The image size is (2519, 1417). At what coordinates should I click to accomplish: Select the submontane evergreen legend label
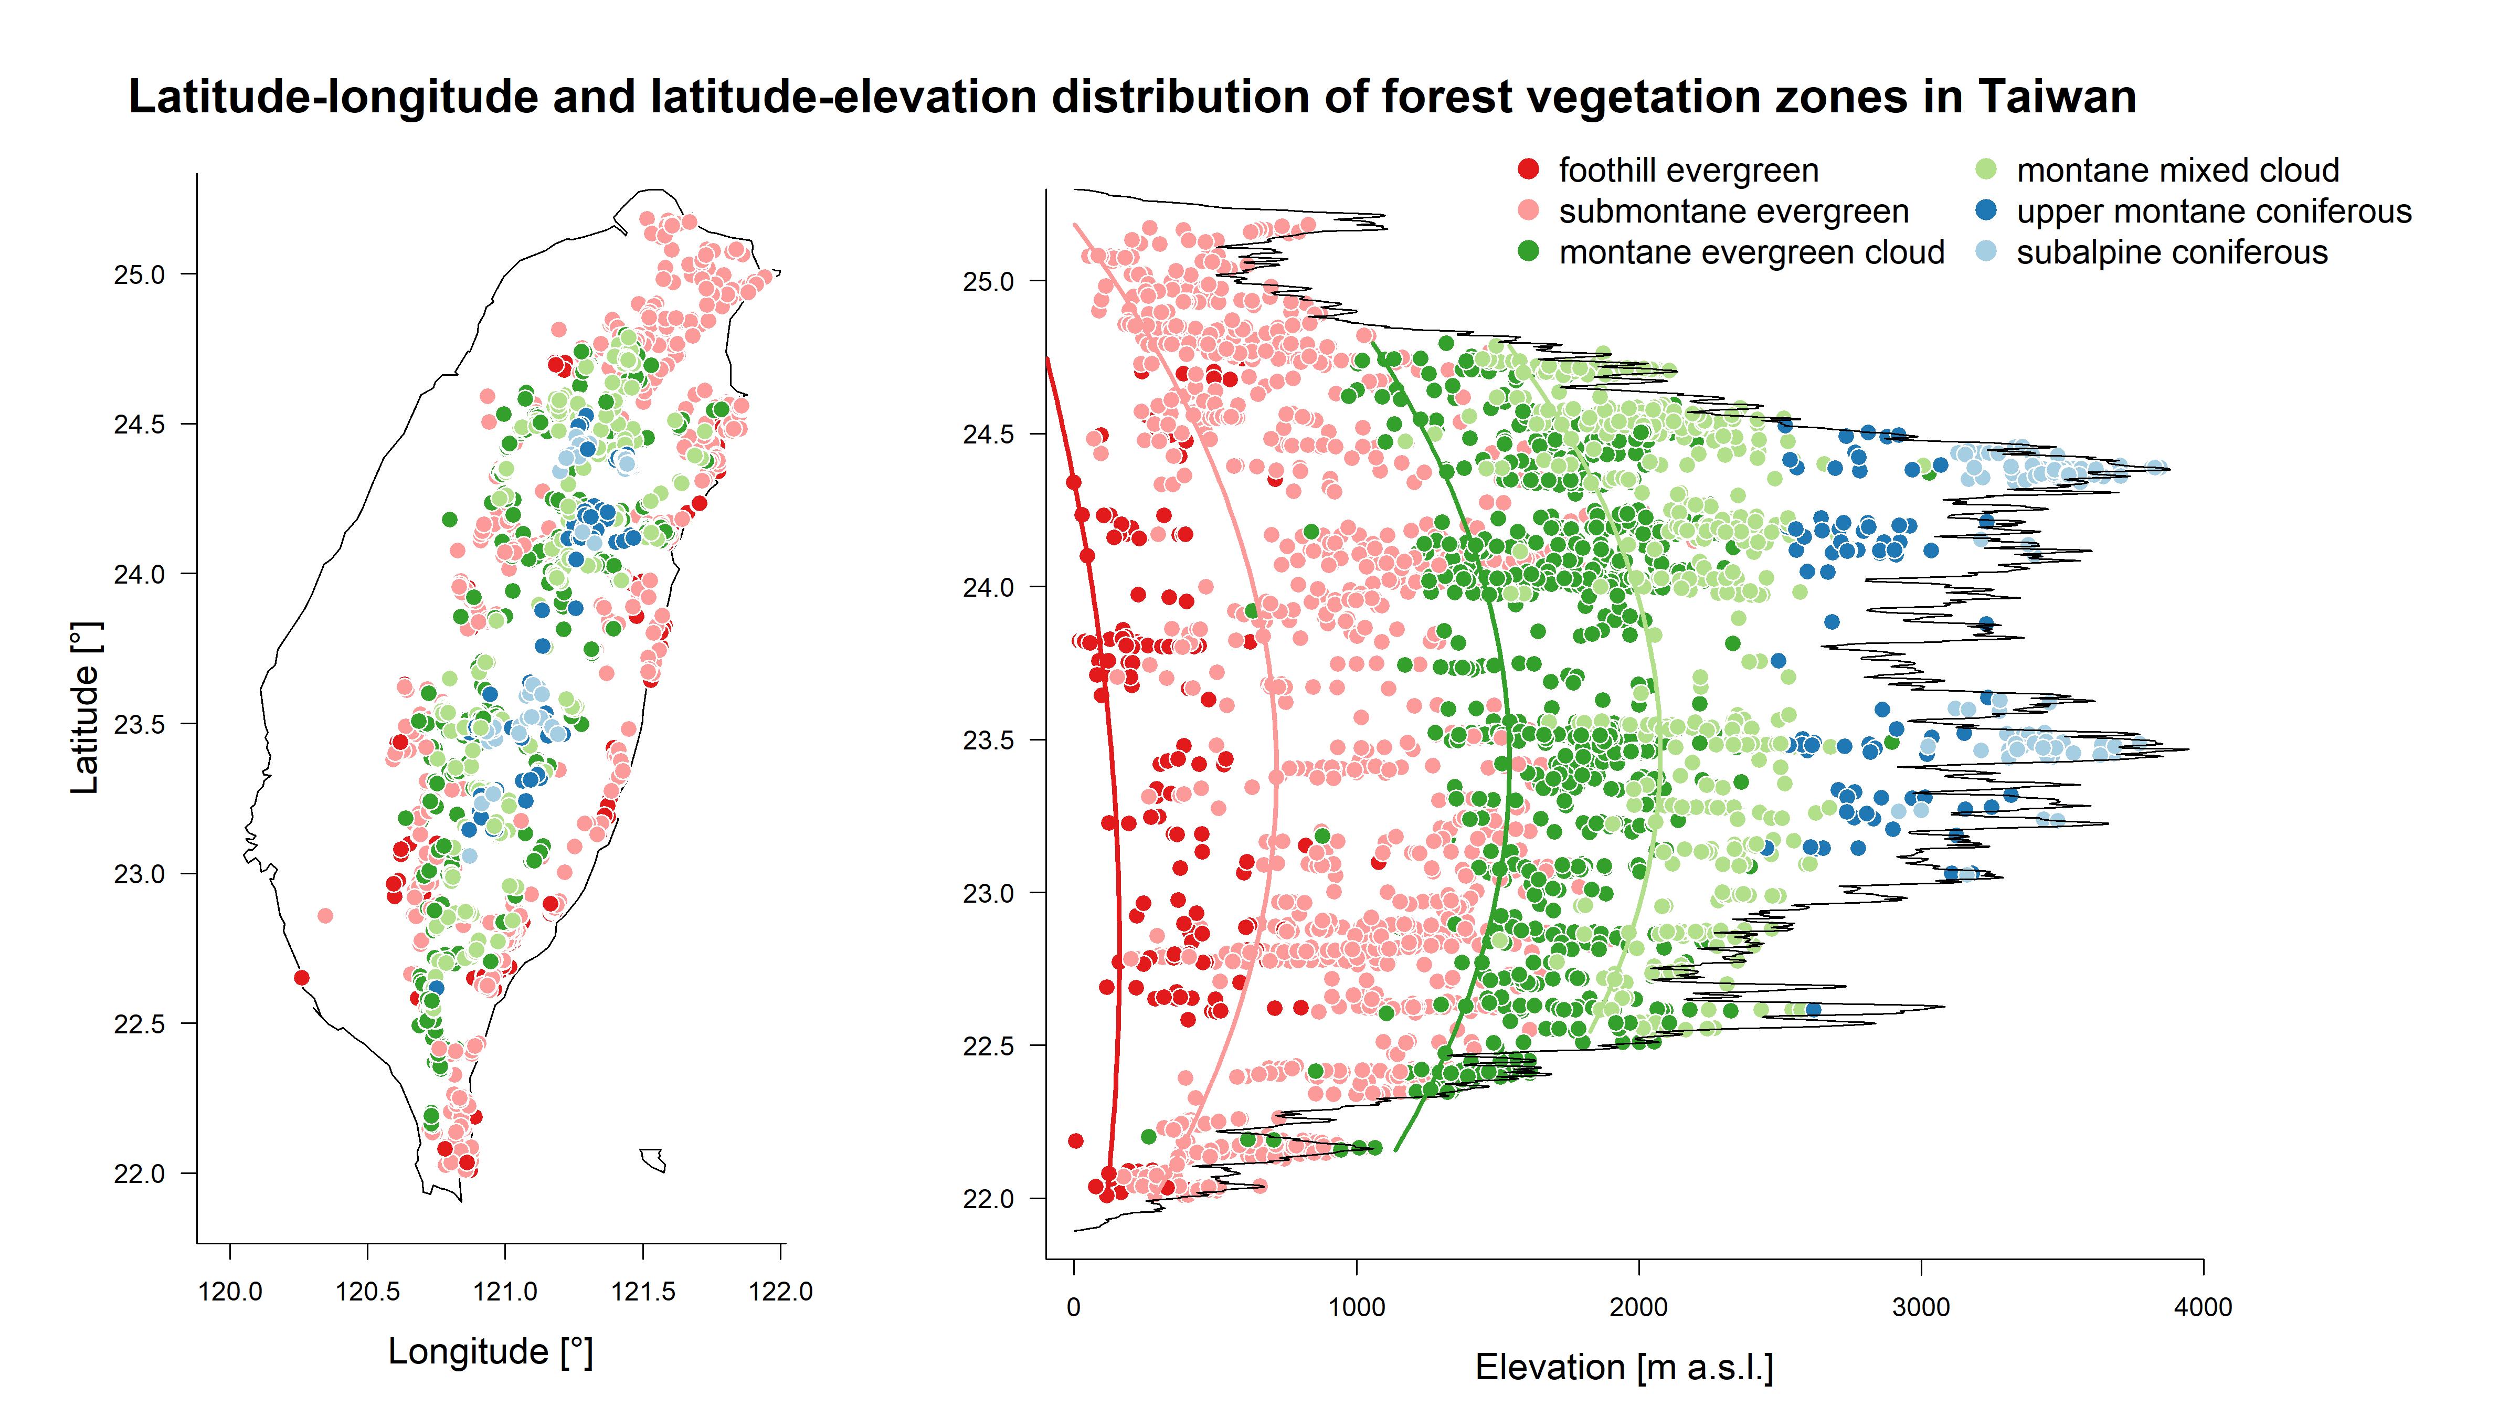pos(1733,211)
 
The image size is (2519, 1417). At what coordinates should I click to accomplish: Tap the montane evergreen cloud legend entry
pos(1750,252)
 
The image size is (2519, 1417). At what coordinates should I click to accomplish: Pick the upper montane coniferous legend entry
pos(2213,211)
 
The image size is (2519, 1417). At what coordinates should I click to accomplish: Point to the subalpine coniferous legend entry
pos(2171,252)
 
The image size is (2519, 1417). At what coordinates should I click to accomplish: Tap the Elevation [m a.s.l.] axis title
pos(1623,1367)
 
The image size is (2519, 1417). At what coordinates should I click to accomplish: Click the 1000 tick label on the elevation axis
pos(1356,1307)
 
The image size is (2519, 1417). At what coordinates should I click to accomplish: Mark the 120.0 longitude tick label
pos(230,1292)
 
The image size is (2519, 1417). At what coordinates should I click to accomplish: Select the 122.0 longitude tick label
pos(780,1292)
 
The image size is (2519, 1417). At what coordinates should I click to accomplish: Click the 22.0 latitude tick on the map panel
pos(140,1173)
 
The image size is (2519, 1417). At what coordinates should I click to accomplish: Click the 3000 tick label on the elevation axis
pos(1921,1307)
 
